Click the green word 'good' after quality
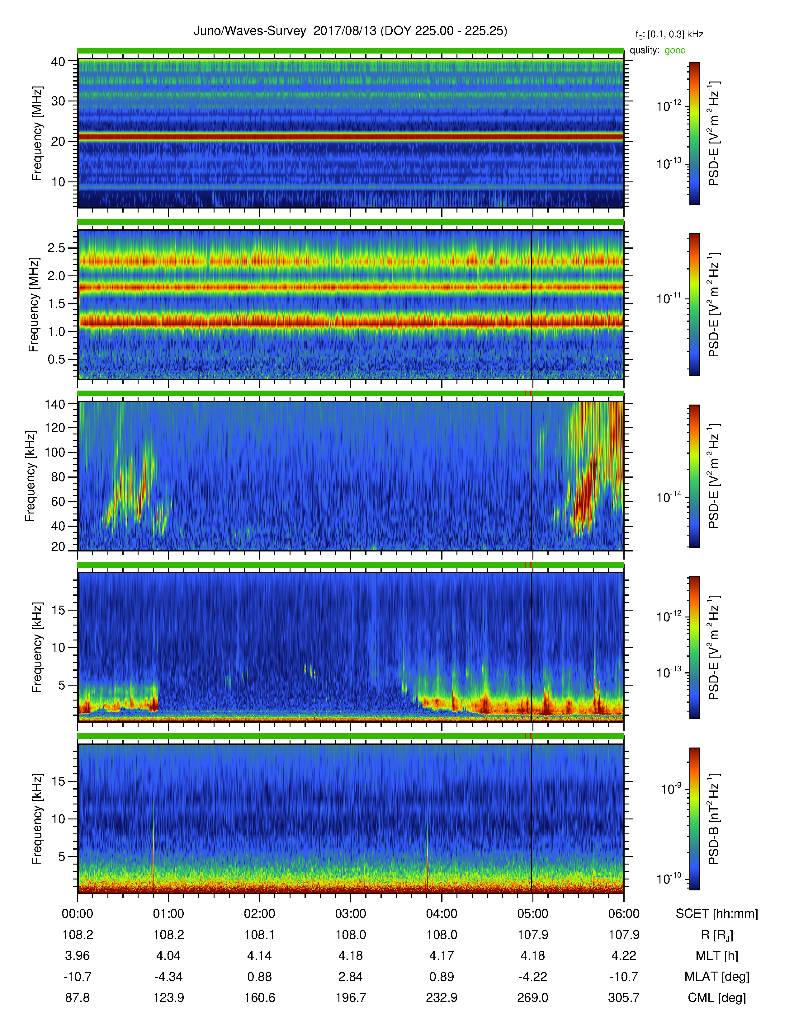675,50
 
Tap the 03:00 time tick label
350,914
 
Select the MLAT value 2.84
350,977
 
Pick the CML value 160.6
260,997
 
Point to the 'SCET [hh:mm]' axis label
717,914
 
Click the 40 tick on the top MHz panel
58,62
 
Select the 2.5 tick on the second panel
56,248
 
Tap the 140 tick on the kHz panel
55,403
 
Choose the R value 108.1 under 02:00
260,935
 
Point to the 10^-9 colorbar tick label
670,789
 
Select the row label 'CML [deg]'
717,997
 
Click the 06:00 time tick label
624,914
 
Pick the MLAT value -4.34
168,977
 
